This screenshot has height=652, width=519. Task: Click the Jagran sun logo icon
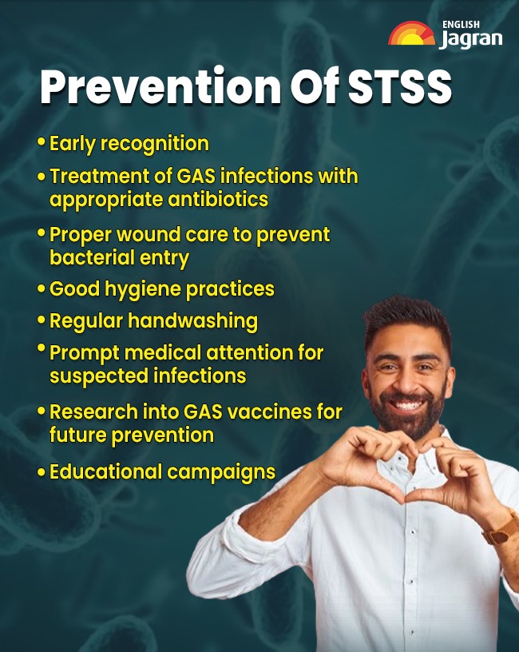[411, 34]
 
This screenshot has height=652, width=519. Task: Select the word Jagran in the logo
[470, 39]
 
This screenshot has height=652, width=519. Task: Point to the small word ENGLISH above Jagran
[461, 24]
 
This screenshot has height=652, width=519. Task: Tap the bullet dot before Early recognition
[41, 143]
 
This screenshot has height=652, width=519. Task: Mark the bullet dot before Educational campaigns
[41, 472]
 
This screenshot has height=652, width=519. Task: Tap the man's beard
[407, 419]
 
